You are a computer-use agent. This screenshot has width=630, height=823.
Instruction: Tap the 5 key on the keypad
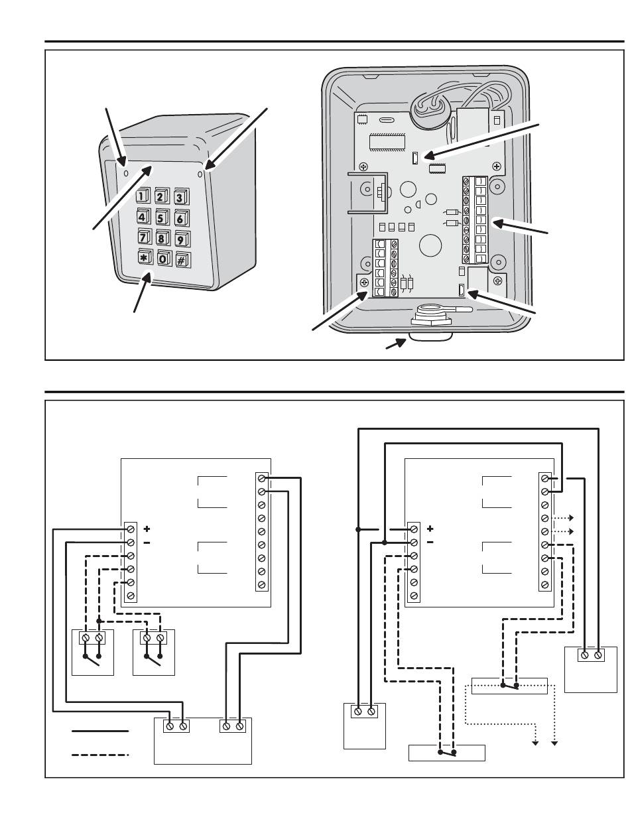click(162, 216)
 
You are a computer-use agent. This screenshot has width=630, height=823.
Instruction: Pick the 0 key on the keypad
click(164, 259)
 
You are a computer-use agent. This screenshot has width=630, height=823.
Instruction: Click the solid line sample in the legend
click(100, 731)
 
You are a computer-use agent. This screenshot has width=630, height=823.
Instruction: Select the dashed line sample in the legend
click(100, 755)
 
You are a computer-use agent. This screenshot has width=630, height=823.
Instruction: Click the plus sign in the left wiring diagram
click(147, 529)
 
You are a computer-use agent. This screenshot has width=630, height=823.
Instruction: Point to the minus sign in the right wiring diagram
click(430, 542)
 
